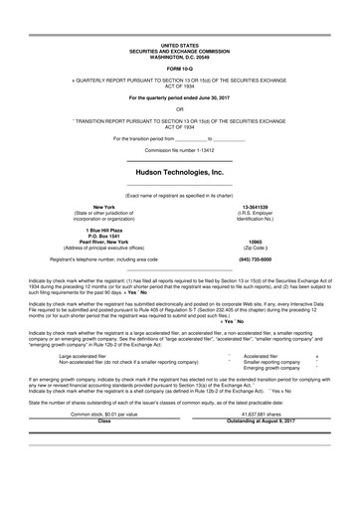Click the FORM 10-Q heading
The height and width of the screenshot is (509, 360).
[x=180, y=67]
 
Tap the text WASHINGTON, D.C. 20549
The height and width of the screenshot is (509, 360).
[x=180, y=56]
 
